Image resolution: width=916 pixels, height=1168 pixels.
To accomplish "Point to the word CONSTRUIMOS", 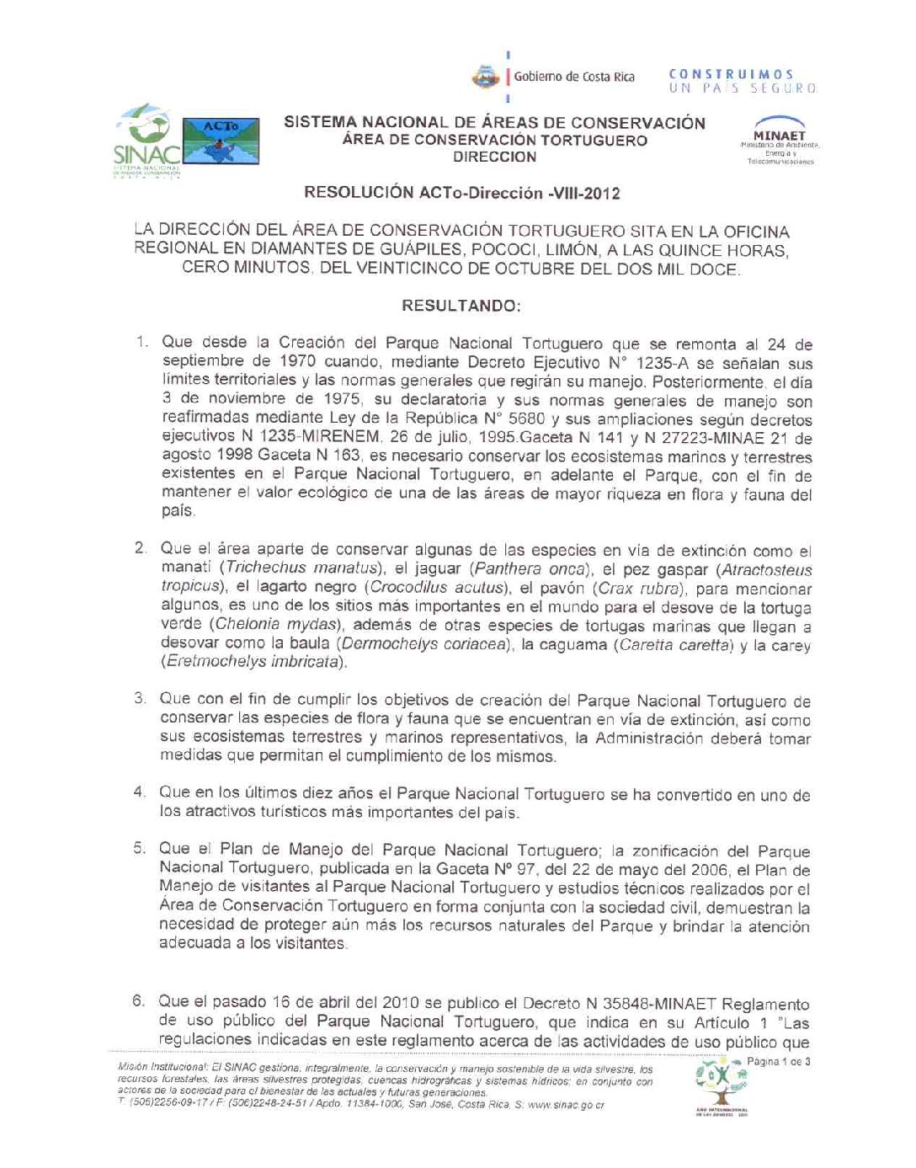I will [731, 74].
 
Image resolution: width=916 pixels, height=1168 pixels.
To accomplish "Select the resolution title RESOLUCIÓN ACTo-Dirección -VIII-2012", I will [461, 194].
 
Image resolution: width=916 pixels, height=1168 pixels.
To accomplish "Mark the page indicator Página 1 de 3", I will [779, 1062].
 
